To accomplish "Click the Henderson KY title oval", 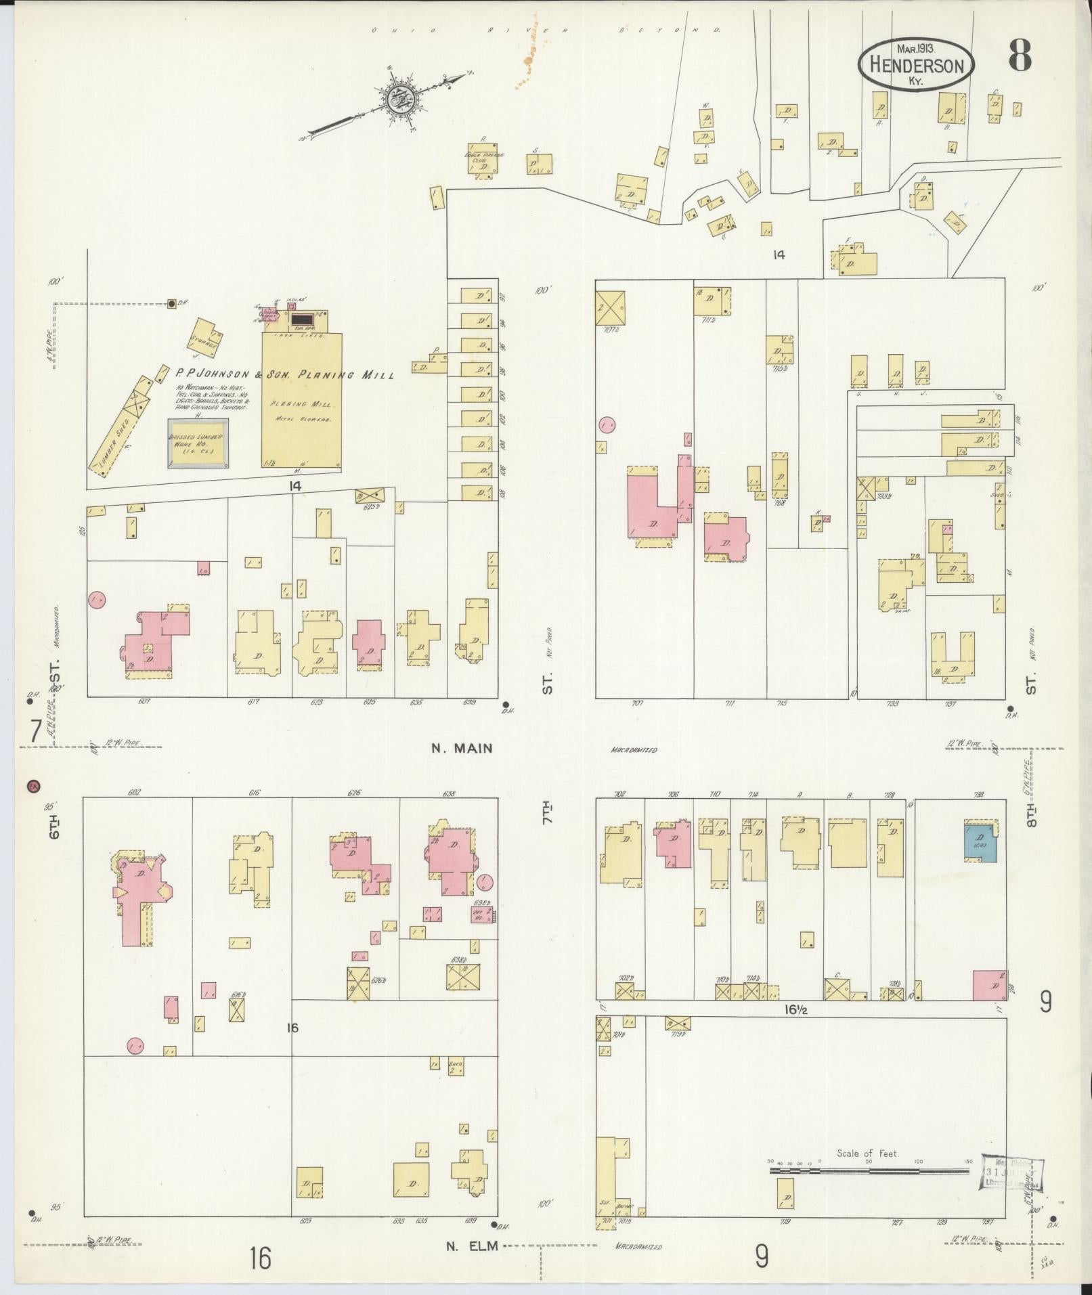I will [x=916, y=65].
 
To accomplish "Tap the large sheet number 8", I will [x=1020, y=56].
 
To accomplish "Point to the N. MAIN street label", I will [x=460, y=748].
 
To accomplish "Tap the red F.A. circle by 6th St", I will [x=32, y=786].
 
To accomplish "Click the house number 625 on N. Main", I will [x=369, y=703].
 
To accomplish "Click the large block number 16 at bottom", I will [x=259, y=1258].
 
